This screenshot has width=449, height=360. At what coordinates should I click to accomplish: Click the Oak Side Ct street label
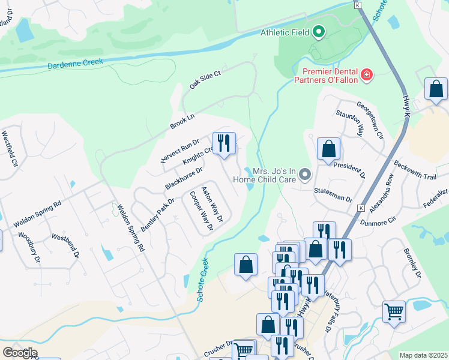point(205,79)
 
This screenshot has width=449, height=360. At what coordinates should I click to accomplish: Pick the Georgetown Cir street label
point(370,119)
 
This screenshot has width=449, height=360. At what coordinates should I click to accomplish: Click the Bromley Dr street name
point(414,264)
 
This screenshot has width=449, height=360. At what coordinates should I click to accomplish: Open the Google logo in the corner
point(20,352)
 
